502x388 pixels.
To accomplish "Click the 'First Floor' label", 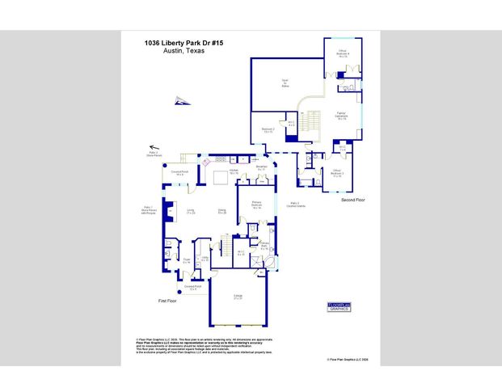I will click(167, 301).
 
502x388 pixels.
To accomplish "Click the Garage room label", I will click(238, 297).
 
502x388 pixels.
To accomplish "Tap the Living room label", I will click(191, 212).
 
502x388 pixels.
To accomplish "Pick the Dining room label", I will click(221, 212).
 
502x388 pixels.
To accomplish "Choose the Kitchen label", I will click(233, 171).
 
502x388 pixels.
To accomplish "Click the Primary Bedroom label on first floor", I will click(255, 204).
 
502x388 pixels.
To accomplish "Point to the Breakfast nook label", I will click(261, 168).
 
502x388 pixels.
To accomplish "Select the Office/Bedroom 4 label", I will click(343, 53).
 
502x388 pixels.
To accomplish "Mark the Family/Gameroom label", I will click(341, 115).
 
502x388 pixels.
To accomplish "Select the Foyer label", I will click(186, 262).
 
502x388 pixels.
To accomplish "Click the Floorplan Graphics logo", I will click(337, 306).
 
